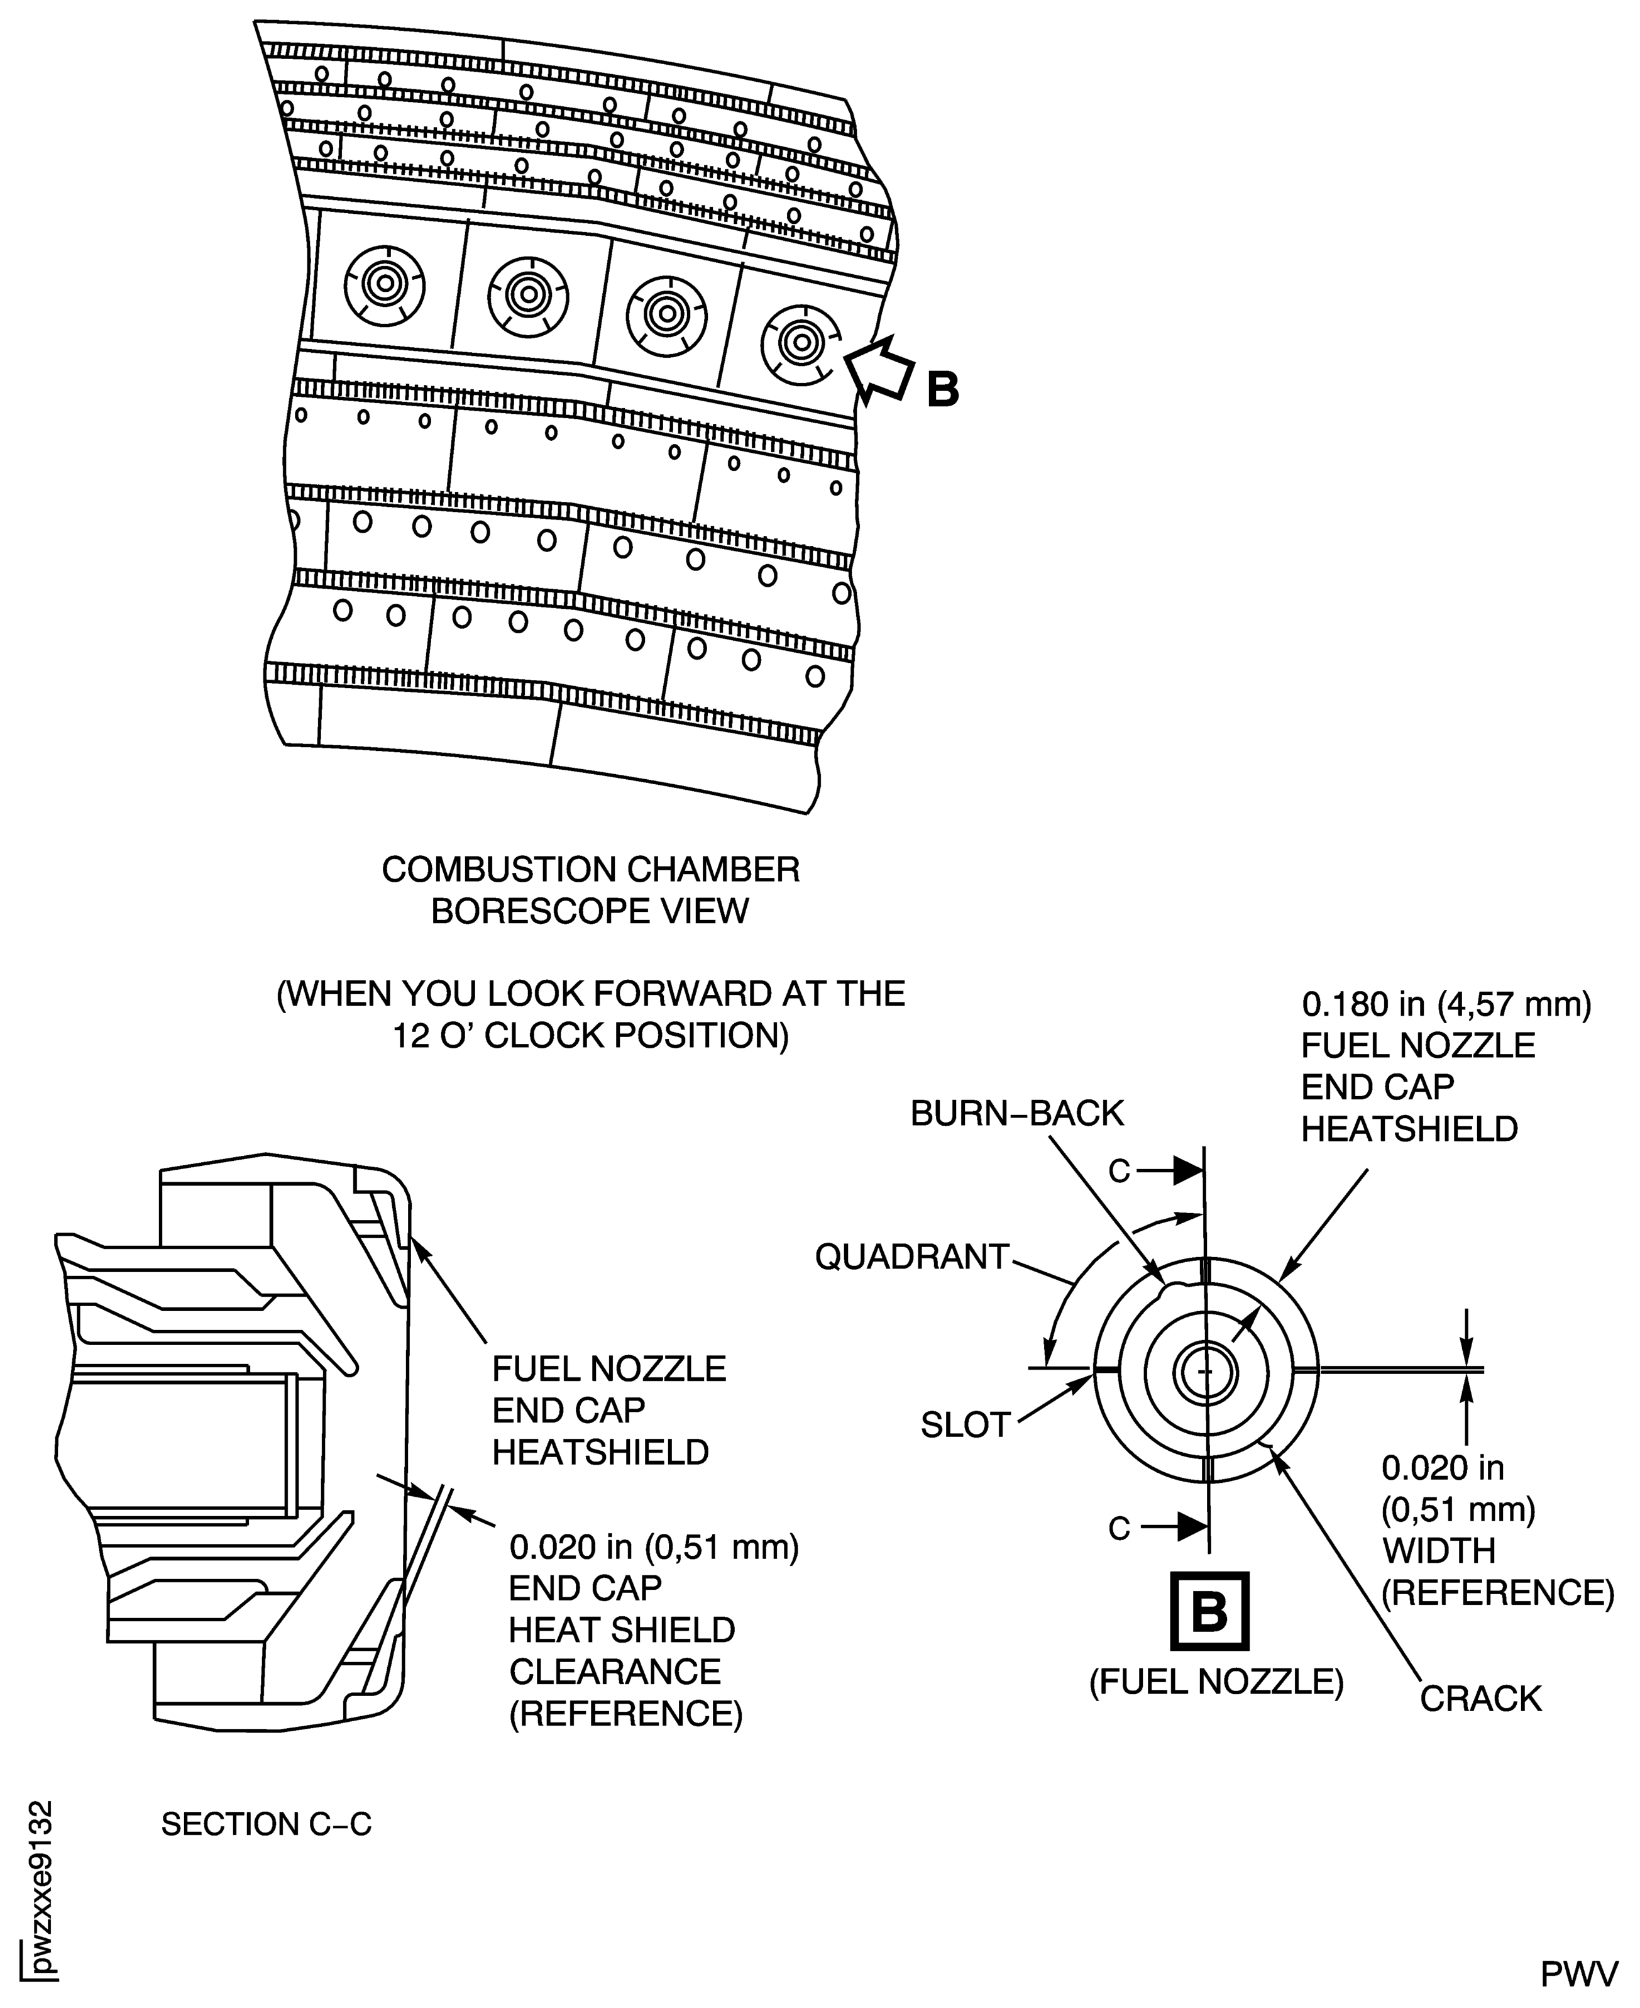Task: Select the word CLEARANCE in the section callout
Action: click(x=615, y=1672)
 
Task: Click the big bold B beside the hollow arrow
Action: click(x=942, y=389)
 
